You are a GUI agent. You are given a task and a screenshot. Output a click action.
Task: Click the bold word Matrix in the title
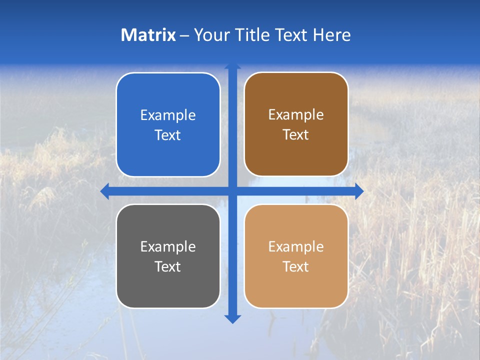point(148,35)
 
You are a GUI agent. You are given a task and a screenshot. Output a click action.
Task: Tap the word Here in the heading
point(331,35)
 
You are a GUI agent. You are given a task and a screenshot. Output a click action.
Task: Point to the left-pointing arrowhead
point(105,191)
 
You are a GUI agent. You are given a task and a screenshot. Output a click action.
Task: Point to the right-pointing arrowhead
point(359,191)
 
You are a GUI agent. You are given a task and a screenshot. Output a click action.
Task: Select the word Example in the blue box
point(168,115)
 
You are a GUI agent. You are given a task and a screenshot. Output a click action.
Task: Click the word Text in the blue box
point(168,135)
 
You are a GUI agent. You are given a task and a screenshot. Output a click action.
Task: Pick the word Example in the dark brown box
point(296,114)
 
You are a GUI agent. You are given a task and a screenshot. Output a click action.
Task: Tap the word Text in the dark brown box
point(296,134)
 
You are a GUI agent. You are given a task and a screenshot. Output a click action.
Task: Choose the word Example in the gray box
point(168,246)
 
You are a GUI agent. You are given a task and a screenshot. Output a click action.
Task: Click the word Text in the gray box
point(168,266)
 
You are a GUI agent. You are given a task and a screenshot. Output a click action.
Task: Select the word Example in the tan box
point(296,246)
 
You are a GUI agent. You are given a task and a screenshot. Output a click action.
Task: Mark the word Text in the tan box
point(296,266)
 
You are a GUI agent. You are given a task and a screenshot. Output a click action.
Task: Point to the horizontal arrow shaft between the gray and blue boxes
point(168,191)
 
